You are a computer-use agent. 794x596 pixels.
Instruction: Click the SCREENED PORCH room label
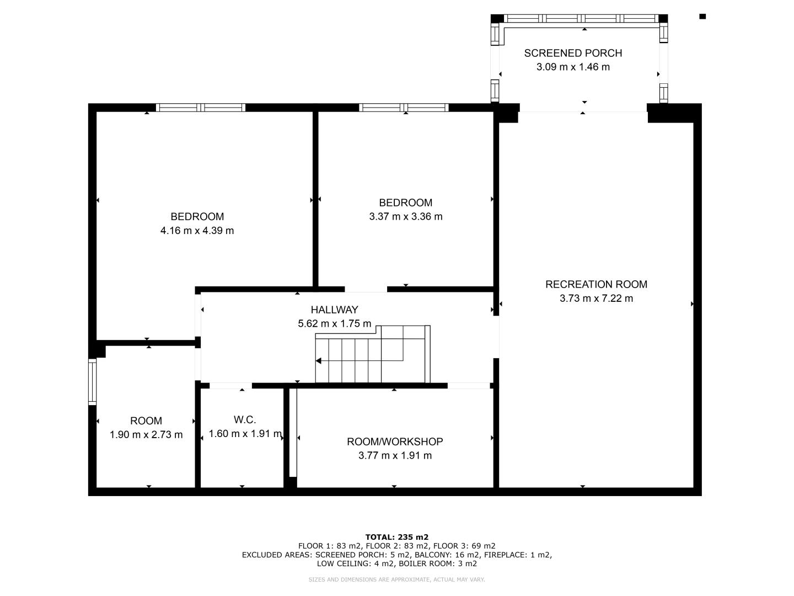tap(573, 53)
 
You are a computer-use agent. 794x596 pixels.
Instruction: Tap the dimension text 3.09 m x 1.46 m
tap(573, 67)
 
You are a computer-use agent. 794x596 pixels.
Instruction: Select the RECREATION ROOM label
tap(596, 284)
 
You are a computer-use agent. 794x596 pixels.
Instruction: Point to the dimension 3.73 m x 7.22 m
tap(596, 298)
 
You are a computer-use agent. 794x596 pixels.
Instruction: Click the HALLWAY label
tap(334, 310)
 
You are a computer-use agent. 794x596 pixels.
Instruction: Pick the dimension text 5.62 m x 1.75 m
tap(334, 323)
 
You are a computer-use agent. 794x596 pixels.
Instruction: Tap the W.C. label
tap(245, 420)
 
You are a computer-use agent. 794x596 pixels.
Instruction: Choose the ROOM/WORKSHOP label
tap(395, 441)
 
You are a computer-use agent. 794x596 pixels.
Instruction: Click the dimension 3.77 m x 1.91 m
tap(395, 455)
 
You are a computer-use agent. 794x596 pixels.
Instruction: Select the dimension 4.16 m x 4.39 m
tap(197, 231)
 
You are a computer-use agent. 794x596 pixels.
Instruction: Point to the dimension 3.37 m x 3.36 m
tap(405, 216)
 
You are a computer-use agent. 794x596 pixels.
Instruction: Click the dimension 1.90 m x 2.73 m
tap(146, 435)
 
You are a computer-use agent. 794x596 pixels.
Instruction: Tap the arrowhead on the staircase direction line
tap(318, 361)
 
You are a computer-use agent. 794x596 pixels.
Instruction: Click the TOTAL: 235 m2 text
tap(397, 537)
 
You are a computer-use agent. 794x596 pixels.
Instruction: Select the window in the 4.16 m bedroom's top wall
tap(201, 108)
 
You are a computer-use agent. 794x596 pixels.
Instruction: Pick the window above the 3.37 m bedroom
tap(404, 108)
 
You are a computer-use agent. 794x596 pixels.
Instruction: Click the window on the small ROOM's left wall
tap(93, 382)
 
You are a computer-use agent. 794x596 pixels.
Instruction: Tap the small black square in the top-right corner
tap(702, 17)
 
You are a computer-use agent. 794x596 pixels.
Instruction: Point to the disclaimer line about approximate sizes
tap(396, 579)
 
